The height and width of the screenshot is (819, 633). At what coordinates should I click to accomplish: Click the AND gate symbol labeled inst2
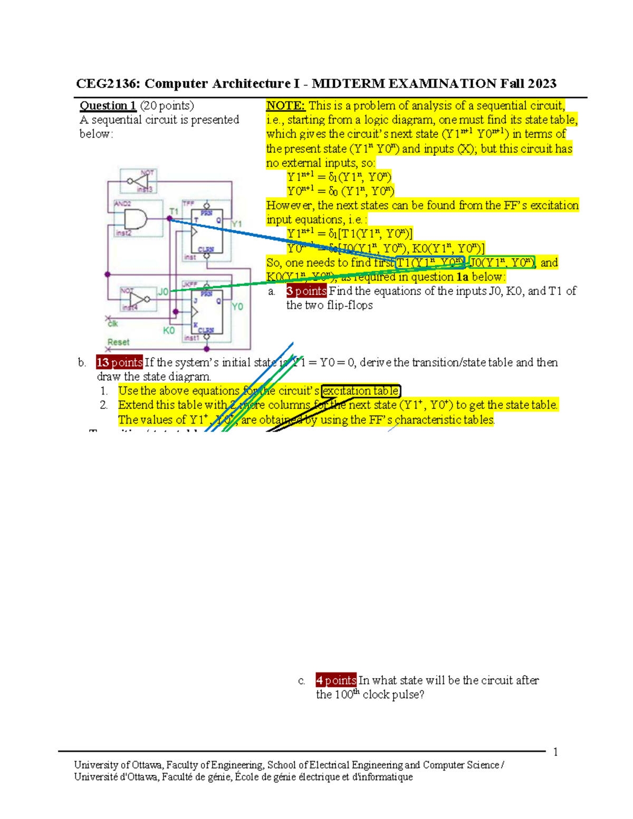[x=135, y=218]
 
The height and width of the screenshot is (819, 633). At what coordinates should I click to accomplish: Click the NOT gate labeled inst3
[x=139, y=181]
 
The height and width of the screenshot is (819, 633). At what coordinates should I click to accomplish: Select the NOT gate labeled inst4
[x=139, y=299]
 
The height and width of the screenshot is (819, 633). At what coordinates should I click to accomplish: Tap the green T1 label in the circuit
[x=174, y=211]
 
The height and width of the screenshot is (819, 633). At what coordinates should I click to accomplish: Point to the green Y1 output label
[x=236, y=224]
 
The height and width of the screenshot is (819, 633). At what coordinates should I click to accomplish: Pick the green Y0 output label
[x=237, y=306]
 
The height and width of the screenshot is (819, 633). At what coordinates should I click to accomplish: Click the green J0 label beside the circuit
[x=163, y=292]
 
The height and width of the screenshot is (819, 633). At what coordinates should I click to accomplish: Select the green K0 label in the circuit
[x=169, y=330]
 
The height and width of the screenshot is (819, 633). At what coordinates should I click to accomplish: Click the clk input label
[x=112, y=323]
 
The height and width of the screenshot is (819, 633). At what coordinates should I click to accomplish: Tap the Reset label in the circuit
[x=118, y=342]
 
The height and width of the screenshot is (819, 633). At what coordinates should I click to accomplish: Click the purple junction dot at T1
[x=170, y=218]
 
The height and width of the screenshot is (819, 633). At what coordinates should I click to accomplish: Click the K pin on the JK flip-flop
[x=195, y=325]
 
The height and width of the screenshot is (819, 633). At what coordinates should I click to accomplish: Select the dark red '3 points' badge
[x=306, y=291]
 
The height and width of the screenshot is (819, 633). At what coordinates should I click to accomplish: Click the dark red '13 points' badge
[x=119, y=362]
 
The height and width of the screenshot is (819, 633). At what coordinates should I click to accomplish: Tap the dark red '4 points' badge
[x=336, y=680]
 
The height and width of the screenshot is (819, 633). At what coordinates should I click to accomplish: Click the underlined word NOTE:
[x=285, y=105]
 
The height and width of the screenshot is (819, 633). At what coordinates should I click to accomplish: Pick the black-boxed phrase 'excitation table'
[x=361, y=391]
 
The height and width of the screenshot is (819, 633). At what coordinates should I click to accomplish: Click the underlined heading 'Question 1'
[x=108, y=105]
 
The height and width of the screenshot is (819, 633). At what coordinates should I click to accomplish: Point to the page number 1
[x=555, y=752]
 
